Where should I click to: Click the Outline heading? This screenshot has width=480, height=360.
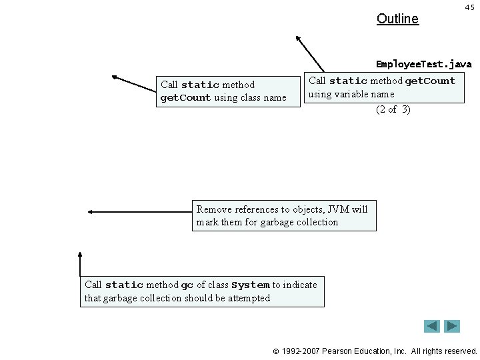(x=397, y=19)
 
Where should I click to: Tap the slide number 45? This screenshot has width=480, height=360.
(x=469, y=7)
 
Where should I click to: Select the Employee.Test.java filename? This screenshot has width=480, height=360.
(x=423, y=65)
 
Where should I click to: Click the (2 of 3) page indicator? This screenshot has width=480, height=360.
(x=393, y=109)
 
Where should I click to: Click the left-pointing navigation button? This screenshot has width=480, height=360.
(x=432, y=326)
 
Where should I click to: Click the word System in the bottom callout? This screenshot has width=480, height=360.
(x=250, y=285)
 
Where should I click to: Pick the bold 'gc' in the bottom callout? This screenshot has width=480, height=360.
(x=187, y=285)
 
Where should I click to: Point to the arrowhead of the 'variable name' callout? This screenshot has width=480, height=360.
(x=298, y=38)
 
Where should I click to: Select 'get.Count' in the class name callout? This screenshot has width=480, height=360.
(x=185, y=98)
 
